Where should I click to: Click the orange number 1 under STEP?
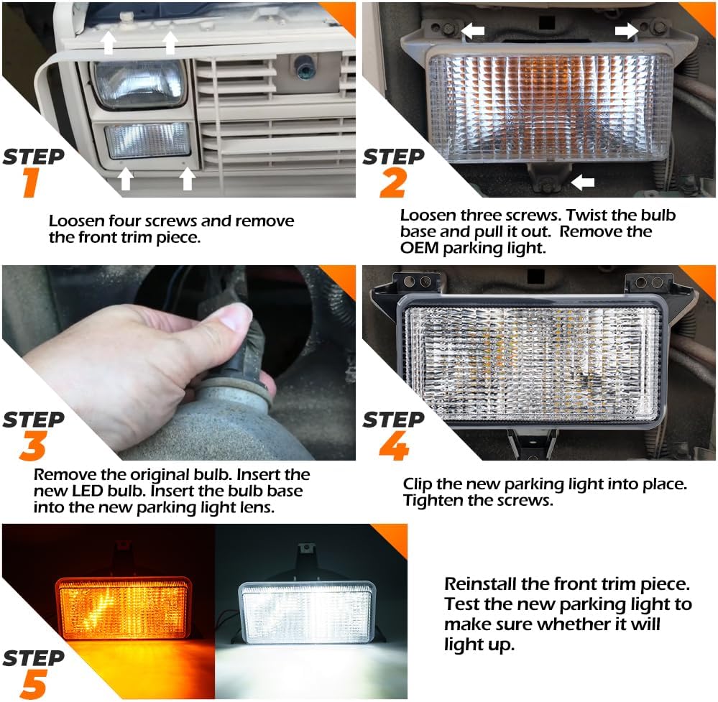[29, 183]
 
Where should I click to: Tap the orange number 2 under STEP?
[392, 183]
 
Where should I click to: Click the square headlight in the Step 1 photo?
[141, 84]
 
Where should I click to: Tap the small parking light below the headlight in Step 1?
[147, 140]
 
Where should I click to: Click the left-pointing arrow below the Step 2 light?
[583, 183]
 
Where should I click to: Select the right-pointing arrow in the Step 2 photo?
[626, 30]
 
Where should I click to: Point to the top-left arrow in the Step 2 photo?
[472, 30]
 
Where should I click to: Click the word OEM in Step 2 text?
[419, 249]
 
